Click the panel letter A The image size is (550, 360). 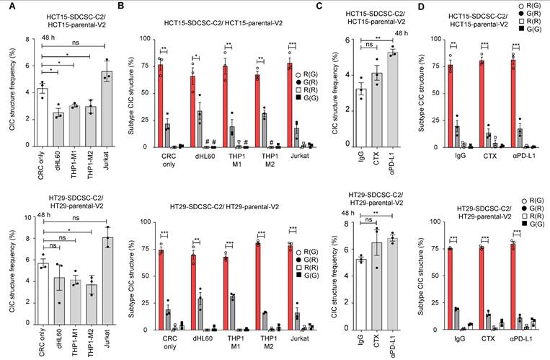6,8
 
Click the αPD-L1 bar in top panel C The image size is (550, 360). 393,100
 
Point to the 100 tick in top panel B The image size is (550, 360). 143,38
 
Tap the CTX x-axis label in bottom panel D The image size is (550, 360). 490,339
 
